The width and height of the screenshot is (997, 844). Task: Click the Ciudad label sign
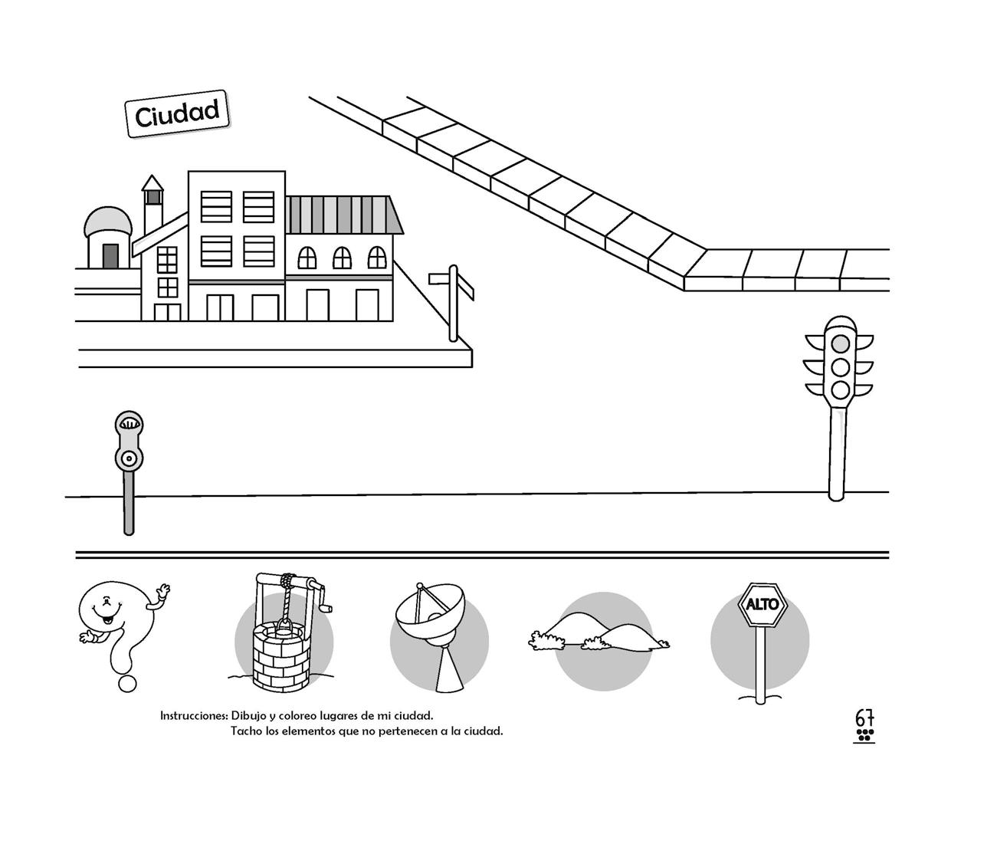click(x=177, y=114)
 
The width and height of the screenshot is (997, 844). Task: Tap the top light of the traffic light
click(x=841, y=343)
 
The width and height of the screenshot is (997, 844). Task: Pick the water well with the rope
click(x=282, y=636)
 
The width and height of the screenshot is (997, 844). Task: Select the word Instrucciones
click(x=194, y=716)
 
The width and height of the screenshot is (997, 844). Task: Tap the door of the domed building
click(x=110, y=256)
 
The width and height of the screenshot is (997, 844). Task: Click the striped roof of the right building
click(x=344, y=214)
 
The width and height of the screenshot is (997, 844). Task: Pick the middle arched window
click(x=342, y=258)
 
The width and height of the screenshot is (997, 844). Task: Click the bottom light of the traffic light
click(x=841, y=389)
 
